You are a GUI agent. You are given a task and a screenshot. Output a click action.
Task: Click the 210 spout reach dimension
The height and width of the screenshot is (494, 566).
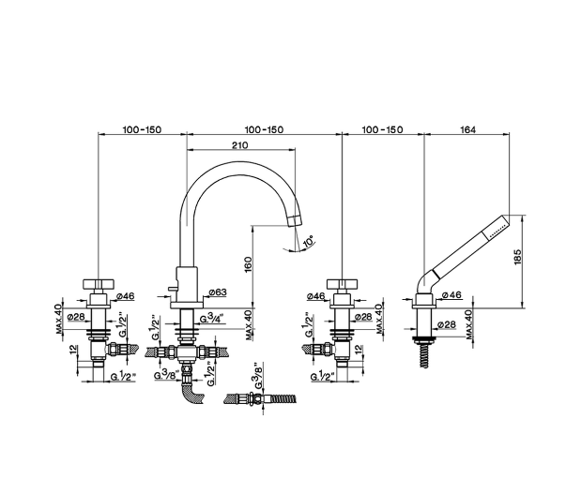(240, 145)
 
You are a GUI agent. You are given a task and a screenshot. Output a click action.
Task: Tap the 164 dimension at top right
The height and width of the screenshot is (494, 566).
(467, 129)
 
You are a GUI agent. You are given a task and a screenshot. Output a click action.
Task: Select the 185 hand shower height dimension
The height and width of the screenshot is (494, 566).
(517, 257)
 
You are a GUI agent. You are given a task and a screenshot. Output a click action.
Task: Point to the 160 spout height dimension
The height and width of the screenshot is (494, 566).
(249, 264)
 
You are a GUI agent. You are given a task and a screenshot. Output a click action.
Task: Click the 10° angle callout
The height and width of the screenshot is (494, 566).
(308, 241)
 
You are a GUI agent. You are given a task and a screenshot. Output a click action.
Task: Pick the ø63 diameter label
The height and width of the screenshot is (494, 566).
(218, 292)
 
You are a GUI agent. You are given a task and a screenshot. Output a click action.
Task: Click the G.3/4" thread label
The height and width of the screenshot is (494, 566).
(212, 319)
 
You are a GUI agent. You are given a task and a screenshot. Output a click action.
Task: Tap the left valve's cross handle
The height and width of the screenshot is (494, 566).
(99, 284)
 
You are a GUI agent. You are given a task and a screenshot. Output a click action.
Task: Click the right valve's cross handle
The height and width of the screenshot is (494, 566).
(342, 284)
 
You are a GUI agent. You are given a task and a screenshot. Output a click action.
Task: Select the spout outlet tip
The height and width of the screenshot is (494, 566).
(295, 220)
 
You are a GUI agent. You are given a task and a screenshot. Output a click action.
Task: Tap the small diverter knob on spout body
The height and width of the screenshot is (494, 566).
(172, 288)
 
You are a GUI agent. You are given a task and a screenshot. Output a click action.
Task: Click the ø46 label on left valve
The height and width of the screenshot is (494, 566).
(126, 296)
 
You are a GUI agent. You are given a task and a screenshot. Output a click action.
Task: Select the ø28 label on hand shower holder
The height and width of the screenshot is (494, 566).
(447, 324)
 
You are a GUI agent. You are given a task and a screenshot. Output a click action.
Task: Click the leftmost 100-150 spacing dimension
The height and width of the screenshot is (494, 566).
(142, 129)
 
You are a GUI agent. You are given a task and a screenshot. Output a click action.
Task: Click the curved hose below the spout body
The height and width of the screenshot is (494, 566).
(191, 395)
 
